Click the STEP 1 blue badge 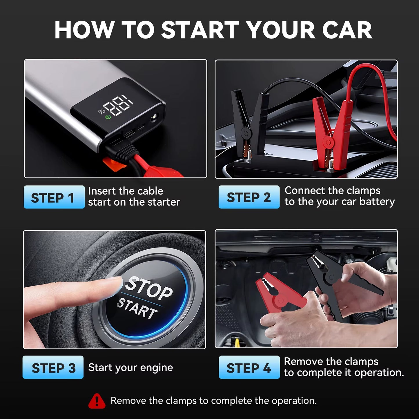tap(54, 197)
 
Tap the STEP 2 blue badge tap(249, 197)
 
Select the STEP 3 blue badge tap(53, 367)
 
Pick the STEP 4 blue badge tap(249, 367)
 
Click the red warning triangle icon tap(97, 401)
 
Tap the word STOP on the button tap(149, 289)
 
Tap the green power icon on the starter tap(108, 117)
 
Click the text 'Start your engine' tap(130, 368)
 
